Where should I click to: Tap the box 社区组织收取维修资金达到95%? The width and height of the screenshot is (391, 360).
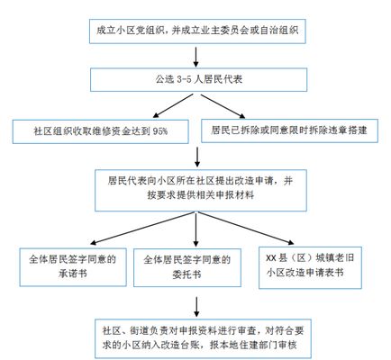100,130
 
